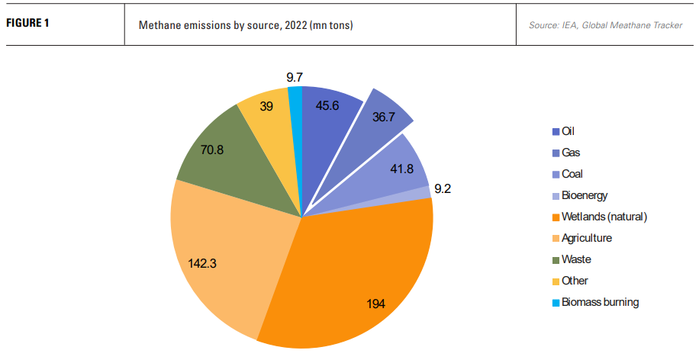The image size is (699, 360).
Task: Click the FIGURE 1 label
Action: pyautogui.click(x=27, y=22)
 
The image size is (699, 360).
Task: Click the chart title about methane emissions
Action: pyautogui.click(x=245, y=25)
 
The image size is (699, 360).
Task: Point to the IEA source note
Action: pyautogui.click(x=605, y=25)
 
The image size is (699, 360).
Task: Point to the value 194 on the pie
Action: pyautogui.click(x=375, y=304)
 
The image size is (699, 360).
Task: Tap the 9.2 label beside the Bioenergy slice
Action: pyautogui.click(x=443, y=188)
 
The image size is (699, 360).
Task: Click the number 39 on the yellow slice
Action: pyautogui.click(x=267, y=107)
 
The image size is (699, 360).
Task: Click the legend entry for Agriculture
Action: pyautogui.click(x=586, y=238)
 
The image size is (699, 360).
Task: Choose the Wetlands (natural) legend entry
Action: pyautogui.click(x=604, y=217)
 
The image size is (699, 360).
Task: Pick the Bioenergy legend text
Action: pyautogui.click(x=585, y=195)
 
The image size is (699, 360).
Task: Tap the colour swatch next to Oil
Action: pyautogui.click(x=556, y=131)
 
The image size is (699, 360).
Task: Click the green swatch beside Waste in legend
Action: pyautogui.click(x=556, y=259)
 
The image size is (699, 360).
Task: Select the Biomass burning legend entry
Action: pyautogui.click(x=600, y=302)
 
